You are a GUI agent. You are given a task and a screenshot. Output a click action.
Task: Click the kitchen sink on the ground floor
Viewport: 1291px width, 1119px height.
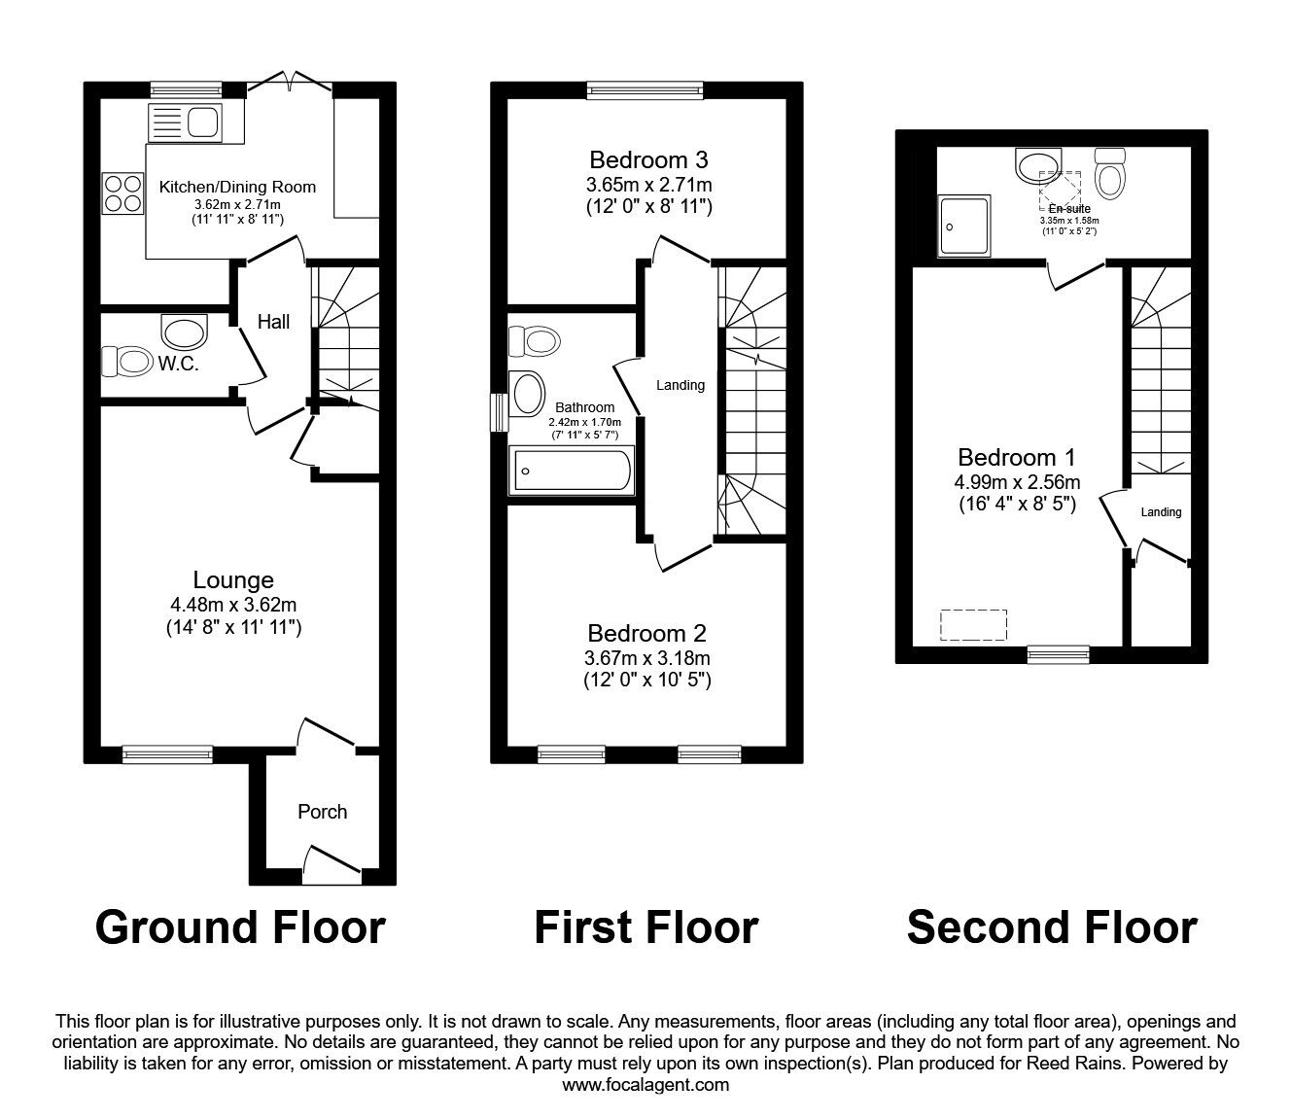(184, 123)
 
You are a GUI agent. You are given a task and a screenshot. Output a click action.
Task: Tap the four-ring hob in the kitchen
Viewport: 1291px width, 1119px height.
(122, 192)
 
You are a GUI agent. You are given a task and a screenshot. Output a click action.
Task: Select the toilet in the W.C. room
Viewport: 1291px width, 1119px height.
(125, 362)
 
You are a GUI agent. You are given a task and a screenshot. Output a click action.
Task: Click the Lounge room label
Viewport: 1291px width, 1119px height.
(233, 580)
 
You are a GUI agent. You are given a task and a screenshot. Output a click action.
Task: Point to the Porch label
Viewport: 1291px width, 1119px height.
(322, 812)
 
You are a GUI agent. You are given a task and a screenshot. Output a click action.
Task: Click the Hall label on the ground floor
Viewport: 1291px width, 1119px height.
(273, 322)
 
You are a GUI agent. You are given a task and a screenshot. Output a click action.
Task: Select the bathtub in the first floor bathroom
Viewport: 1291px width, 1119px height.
(570, 472)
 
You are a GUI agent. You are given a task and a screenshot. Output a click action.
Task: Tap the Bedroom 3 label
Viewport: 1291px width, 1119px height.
(648, 159)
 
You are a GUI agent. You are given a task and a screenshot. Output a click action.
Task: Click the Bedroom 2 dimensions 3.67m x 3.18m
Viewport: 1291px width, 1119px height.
(647, 658)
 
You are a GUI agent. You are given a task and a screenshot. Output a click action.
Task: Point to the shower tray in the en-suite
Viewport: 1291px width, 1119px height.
(964, 226)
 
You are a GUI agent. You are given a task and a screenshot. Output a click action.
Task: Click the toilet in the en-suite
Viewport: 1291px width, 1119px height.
(1108, 173)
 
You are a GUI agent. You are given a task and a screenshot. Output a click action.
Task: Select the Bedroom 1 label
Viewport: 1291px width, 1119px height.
(1016, 457)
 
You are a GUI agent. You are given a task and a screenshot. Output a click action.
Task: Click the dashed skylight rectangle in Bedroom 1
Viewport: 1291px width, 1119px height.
(973, 625)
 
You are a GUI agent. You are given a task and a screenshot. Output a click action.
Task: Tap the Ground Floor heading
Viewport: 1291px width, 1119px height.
(240, 927)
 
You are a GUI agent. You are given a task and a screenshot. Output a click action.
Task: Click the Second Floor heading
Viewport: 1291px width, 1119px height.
(1051, 927)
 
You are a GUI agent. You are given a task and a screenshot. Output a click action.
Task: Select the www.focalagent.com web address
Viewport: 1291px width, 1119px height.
(645, 1085)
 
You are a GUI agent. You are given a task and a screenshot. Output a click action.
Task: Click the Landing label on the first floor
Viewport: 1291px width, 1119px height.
(680, 385)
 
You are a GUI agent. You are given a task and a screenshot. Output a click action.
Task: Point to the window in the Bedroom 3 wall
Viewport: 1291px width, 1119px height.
(645, 89)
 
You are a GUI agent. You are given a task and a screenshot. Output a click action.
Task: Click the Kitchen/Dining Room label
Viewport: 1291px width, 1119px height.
(237, 187)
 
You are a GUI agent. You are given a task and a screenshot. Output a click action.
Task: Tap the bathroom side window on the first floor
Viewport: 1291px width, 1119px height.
(499, 411)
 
